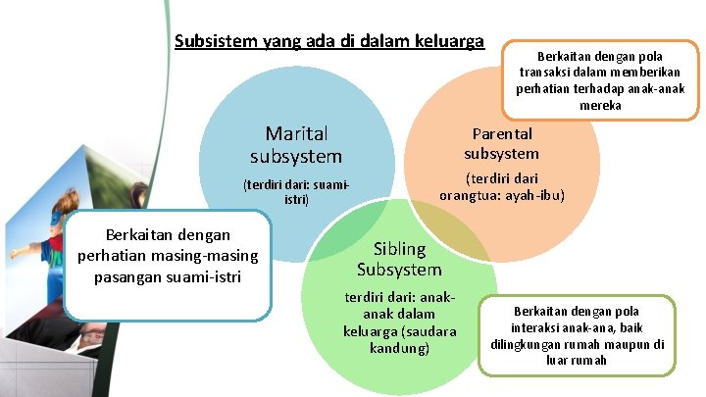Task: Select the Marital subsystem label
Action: (x=296, y=144)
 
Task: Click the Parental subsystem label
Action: (x=501, y=143)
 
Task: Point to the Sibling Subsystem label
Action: (x=399, y=259)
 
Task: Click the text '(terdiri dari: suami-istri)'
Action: (x=296, y=191)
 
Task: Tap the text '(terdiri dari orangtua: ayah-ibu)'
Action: (x=501, y=186)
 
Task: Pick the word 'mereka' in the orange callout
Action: (x=600, y=105)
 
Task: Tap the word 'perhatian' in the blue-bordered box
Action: (x=115, y=256)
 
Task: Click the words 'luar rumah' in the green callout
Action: (x=578, y=360)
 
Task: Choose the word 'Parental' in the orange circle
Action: (x=501, y=133)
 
